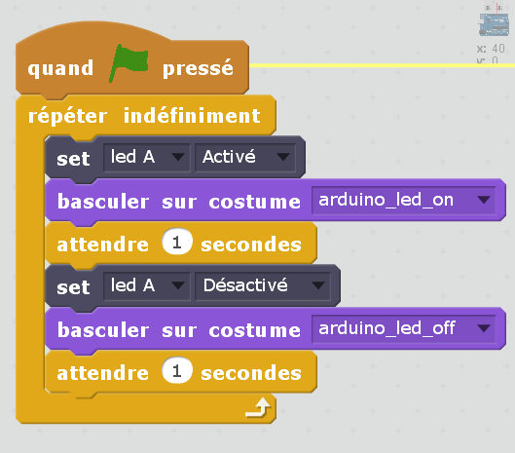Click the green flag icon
129,62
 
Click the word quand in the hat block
60,68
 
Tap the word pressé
198,68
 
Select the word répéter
67,116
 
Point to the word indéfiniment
192,116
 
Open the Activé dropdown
245,157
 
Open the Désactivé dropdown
263,285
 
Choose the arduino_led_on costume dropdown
404,201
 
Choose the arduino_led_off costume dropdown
404,328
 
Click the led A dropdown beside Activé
146,157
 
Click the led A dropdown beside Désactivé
146,285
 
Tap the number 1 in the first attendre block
177,243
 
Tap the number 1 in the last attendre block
177,371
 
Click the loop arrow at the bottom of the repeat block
258,407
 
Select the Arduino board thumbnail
494,23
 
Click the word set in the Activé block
73,159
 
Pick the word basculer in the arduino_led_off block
103,329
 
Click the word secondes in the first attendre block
251,245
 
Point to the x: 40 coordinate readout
491,49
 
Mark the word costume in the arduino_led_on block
254,202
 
